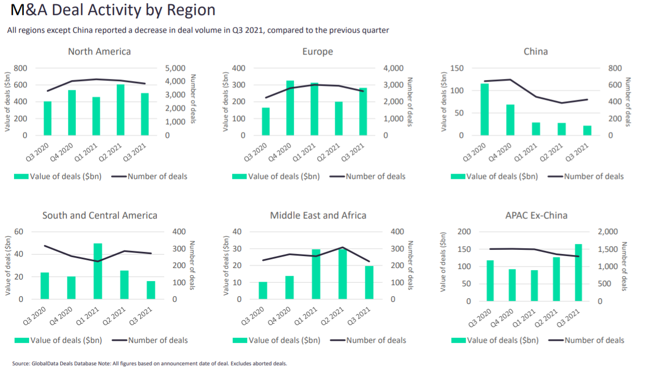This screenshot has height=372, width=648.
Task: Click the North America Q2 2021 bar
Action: pyautogui.click(x=120, y=110)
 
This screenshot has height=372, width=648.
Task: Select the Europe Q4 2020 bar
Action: pyautogui.click(x=290, y=108)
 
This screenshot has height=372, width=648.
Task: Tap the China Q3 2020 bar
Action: pyautogui.click(x=484, y=109)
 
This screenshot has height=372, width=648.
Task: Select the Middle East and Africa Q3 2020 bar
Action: pyautogui.click(x=263, y=290)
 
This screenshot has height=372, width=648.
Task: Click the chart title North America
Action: pyautogui.click(x=99, y=51)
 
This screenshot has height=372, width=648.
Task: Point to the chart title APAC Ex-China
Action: pyautogui.click(x=536, y=215)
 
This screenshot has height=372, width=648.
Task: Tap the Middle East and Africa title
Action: pyautogui.click(x=318, y=215)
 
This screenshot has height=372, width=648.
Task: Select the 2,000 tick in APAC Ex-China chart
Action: pyautogui.click(x=611, y=232)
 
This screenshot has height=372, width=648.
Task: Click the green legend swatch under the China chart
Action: pyautogui.click(x=458, y=177)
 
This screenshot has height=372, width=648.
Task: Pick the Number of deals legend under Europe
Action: pyautogui.click(x=375, y=177)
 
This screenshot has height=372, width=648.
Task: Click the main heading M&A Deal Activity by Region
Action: pyautogui.click(x=111, y=10)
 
